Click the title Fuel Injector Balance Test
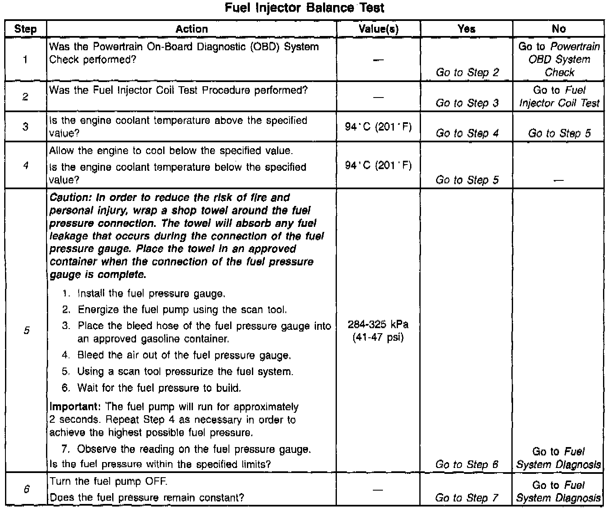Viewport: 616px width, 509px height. point(304,8)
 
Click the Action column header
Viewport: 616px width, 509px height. point(192,29)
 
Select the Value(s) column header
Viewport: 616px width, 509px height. point(378,29)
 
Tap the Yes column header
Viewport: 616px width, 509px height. point(466,29)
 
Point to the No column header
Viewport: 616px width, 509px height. point(559,29)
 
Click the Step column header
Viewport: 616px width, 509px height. point(26,29)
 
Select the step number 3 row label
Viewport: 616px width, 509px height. point(26,126)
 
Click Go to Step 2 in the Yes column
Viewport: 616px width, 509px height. point(467,72)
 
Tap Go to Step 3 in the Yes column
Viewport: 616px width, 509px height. point(467,103)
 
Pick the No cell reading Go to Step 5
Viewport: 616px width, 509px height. point(559,133)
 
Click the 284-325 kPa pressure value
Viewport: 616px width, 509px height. point(378,325)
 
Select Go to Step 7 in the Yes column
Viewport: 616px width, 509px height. point(467,498)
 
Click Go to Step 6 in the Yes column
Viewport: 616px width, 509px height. point(467,464)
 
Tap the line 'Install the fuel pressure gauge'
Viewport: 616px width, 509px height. point(151,294)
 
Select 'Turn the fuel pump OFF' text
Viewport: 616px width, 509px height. point(108,481)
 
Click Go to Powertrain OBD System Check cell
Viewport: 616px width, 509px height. point(559,59)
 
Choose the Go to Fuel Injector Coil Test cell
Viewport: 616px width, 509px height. point(559,97)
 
